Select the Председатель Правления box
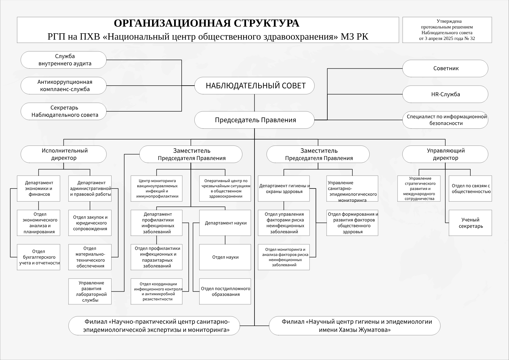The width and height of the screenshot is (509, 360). click(x=254, y=120)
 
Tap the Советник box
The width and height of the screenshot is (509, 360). click(x=445, y=68)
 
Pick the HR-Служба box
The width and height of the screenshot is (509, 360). click(x=445, y=94)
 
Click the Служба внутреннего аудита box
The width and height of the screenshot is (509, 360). click(x=63, y=60)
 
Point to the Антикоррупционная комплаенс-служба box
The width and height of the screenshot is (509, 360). click(x=63, y=86)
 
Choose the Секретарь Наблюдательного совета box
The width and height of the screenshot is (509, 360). click(x=63, y=111)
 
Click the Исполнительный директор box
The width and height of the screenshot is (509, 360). click(x=63, y=154)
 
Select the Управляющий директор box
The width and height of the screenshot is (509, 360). click(x=445, y=154)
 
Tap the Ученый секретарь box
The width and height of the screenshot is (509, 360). click(x=470, y=223)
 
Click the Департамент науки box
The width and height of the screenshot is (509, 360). click(x=225, y=223)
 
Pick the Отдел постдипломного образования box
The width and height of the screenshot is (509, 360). click(x=225, y=291)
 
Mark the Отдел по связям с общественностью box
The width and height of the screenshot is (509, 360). click(x=470, y=188)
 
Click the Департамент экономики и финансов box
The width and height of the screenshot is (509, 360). click(x=39, y=188)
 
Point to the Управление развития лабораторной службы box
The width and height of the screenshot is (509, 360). click(x=90, y=291)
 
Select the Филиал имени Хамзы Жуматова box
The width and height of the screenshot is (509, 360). click(x=355, y=326)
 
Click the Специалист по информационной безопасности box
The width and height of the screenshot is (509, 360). click(x=445, y=120)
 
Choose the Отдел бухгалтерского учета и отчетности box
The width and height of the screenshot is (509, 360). click(x=39, y=257)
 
